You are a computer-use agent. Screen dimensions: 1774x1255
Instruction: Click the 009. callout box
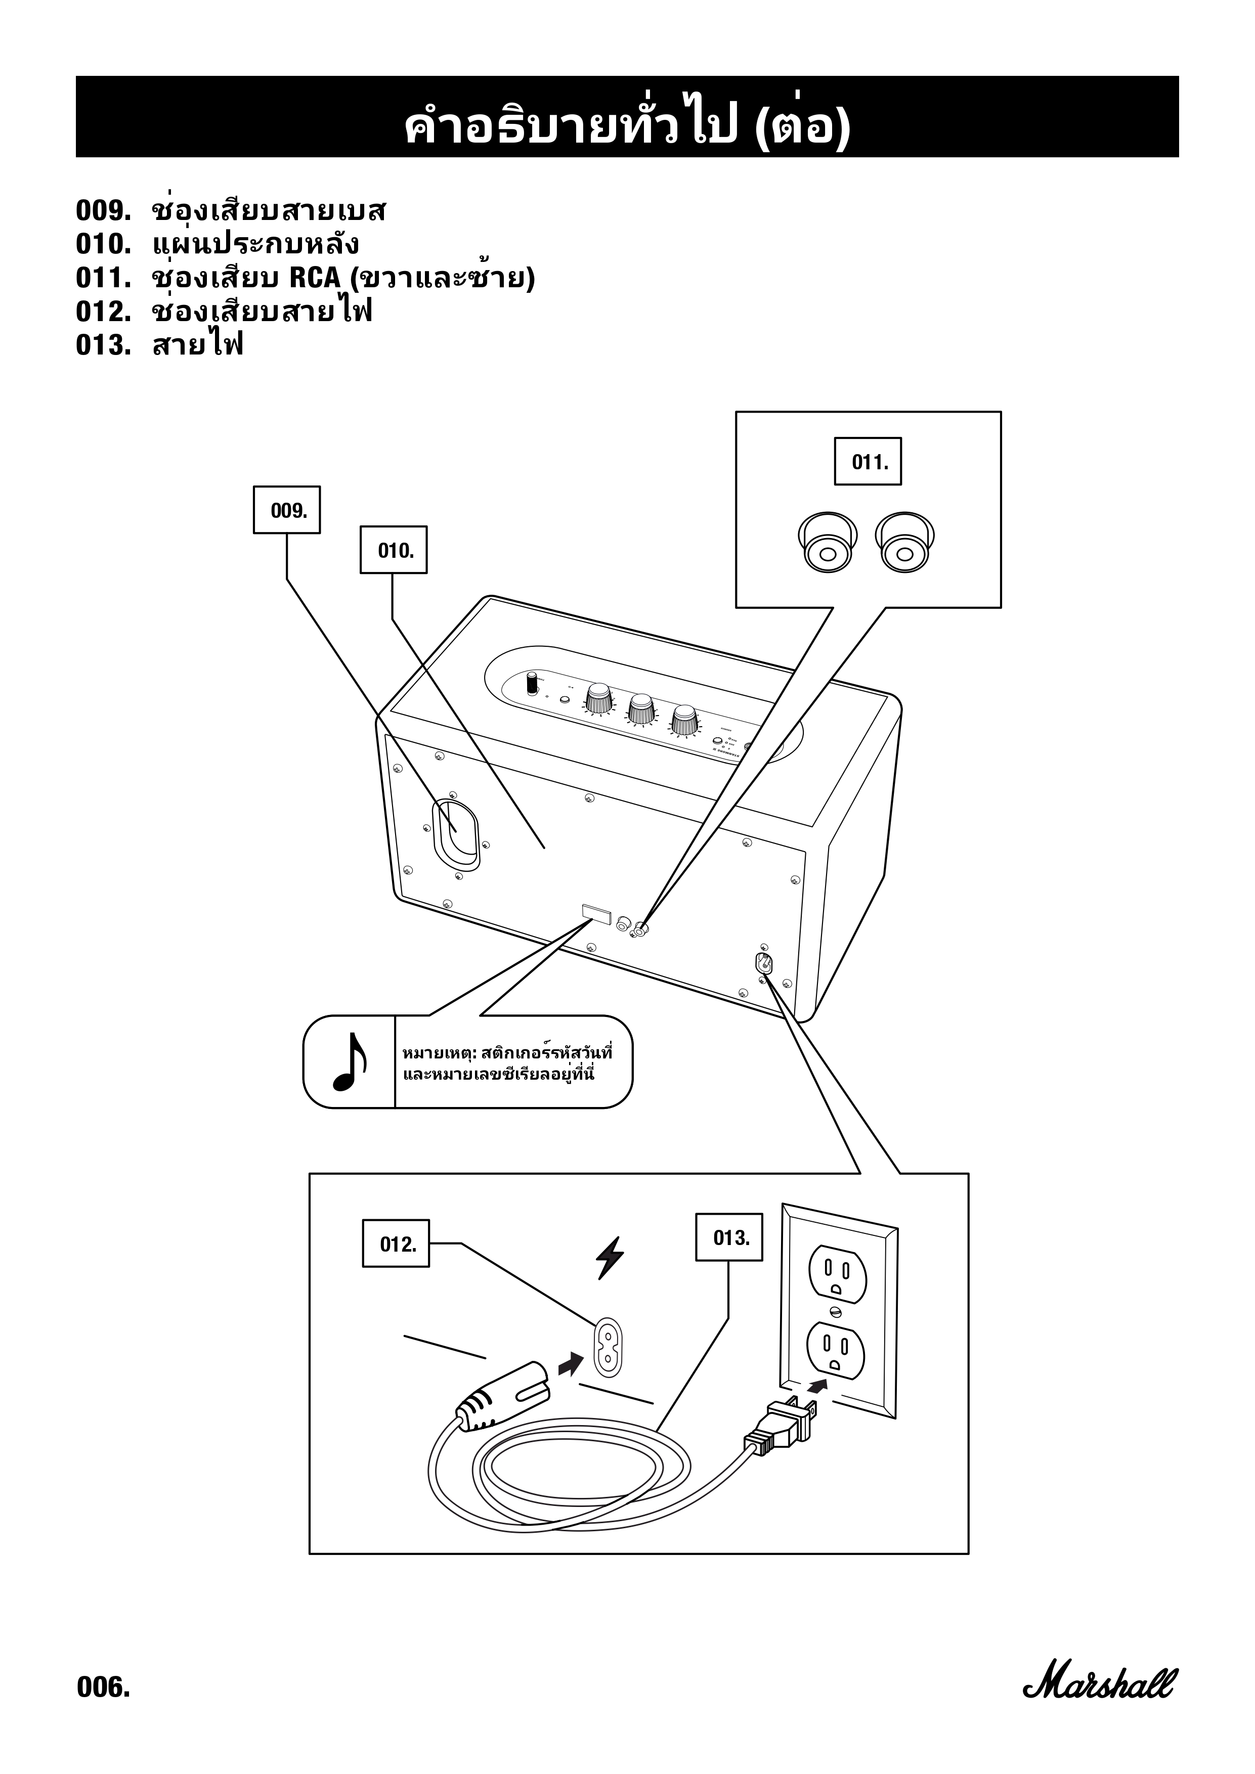pyautogui.click(x=287, y=510)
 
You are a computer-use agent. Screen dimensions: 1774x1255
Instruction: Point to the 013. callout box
pyautogui.click(x=729, y=1238)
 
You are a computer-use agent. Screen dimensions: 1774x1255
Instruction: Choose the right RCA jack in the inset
pyautogui.click(x=904, y=542)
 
